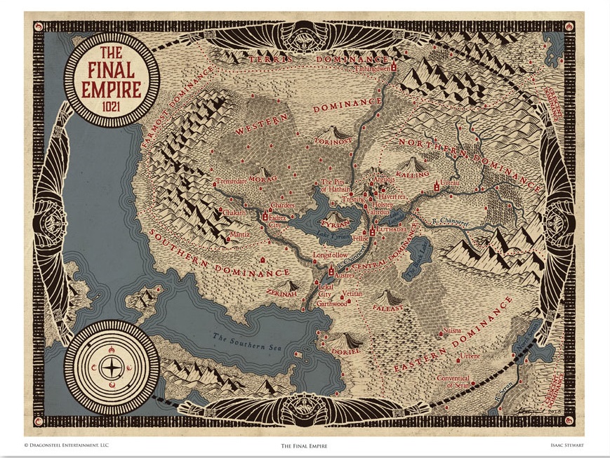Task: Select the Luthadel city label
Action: (x=392, y=229)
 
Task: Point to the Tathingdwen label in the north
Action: (x=373, y=69)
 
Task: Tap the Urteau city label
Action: (x=450, y=183)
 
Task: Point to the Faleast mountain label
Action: (x=388, y=308)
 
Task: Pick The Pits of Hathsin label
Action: (x=333, y=186)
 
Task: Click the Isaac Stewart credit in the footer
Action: (x=568, y=445)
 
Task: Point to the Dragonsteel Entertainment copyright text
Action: (x=67, y=445)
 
